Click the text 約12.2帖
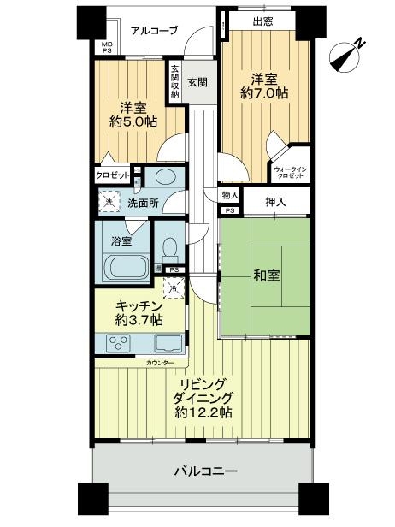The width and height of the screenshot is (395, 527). [204, 412]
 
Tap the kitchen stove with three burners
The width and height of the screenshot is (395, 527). [118, 344]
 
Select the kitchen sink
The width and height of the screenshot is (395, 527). [166, 344]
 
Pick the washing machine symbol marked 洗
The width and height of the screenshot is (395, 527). [109, 203]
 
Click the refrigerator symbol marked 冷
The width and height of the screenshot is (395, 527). [174, 290]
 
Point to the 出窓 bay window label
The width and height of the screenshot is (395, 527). [264, 21]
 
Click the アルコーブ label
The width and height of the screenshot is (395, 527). [155, 31]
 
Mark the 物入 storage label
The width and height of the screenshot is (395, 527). [230, 196]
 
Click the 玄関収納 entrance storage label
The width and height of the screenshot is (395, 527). [174, 81]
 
